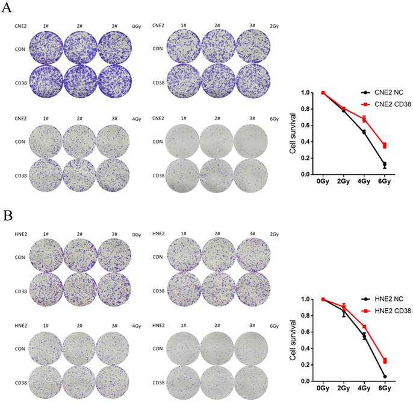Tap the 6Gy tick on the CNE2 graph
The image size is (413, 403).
pyautogui.click(x=382, y=180)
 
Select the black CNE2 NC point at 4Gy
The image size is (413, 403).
pyautogui.click(x=364, y=132)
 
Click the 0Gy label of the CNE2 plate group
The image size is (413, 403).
pyautogui.click(x=137, y=26)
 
